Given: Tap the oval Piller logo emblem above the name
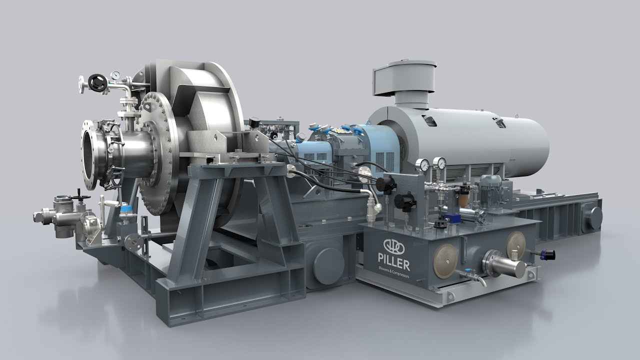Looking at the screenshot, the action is point(393,246).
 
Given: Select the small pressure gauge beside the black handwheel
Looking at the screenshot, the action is point(115,75).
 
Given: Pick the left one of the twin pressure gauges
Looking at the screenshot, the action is point(424,165).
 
